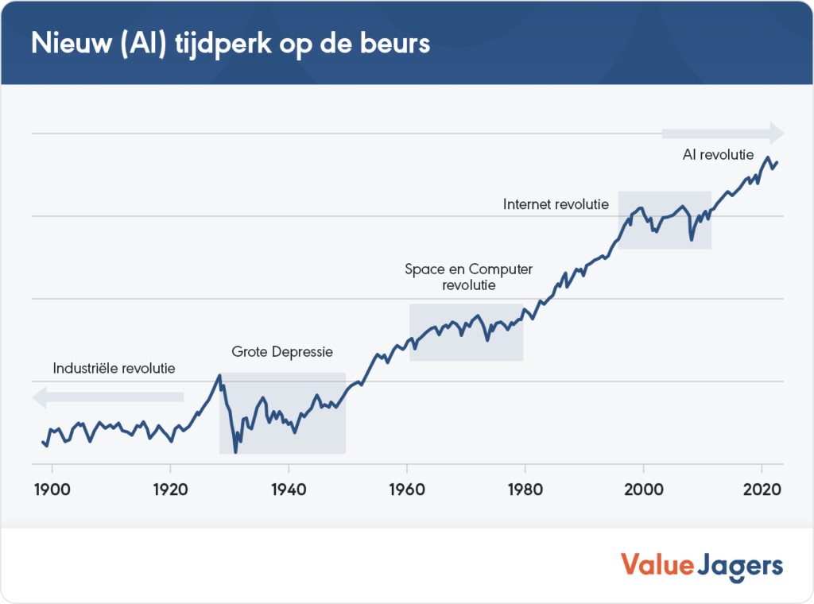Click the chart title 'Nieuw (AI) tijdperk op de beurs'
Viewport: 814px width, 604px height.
click(x=231, y=43)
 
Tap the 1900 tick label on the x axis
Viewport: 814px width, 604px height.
click(x=52, y=489)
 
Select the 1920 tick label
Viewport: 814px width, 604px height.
click(x=170, y=489)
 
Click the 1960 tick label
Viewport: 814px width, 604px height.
click(x=406, y=489)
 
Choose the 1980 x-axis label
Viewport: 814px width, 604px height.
click(x=525, y=489)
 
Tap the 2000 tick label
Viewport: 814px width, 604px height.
click(x=643, y=489)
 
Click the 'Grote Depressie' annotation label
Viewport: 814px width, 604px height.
click(x=282, y=351)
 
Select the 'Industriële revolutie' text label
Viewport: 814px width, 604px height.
click(x=114, y=369)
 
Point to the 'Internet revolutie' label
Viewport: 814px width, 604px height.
click(x=556, y=204)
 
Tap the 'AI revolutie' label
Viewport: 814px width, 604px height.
click(x=718, y=155)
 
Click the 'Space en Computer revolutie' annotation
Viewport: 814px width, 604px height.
click(x=469, y=277)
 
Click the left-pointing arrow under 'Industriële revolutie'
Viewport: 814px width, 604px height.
click(x=108, y=397)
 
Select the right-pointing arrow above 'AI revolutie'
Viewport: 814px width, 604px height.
click(x=722, y=133)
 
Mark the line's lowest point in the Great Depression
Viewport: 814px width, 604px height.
click(x=235, y=451)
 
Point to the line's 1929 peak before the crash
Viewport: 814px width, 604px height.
click(x=219, y=375)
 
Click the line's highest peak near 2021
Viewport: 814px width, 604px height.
click(x=768, y=158)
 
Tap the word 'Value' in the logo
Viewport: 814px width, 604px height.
click(x=656, y=565)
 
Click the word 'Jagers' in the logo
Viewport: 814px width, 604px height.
click(x=741, y=567)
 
